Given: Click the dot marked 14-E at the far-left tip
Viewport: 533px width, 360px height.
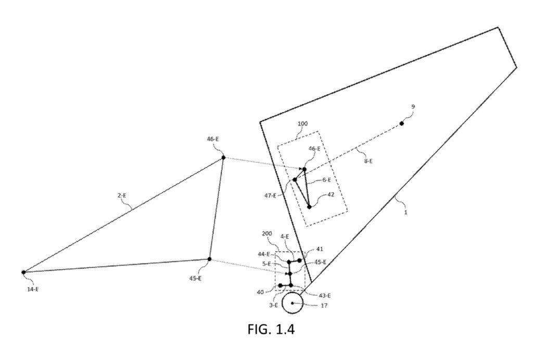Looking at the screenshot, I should tap(23, 272).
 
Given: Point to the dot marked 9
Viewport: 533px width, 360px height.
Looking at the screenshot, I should tap(401, 123).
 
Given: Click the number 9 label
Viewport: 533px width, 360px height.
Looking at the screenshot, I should tap(413, 107).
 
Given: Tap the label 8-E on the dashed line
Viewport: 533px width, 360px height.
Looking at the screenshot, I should tap(368, 161).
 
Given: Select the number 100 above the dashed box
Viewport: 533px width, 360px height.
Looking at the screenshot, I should tap(302, 123).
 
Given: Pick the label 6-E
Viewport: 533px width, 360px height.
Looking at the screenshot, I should tap(326, 180).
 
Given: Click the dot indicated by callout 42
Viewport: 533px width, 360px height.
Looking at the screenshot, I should tap(309, 207).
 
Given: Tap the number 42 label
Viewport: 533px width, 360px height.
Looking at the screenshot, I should tap(331, 195).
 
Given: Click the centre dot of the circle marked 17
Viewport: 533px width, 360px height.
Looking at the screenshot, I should tap(292, 303).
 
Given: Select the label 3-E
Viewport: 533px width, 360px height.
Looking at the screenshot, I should tap(273, 305).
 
